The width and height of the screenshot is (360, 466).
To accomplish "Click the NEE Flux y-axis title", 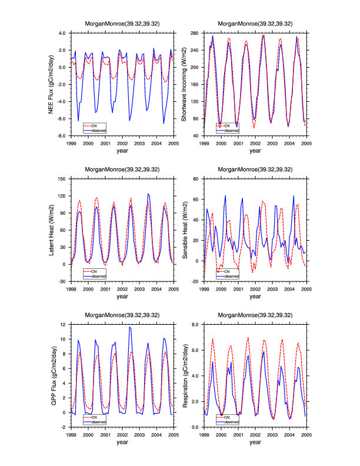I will point(54,84).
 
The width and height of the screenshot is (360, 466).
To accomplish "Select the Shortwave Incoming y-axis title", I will point(184,84).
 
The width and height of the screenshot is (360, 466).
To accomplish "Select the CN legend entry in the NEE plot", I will point(92,125).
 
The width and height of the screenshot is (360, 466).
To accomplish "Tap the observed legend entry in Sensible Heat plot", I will point(229,275).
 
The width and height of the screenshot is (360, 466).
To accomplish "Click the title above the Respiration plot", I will point(255,315).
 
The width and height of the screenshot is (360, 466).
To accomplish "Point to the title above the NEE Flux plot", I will point(122,24).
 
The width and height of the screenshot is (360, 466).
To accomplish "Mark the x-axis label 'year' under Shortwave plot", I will point(255,151).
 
